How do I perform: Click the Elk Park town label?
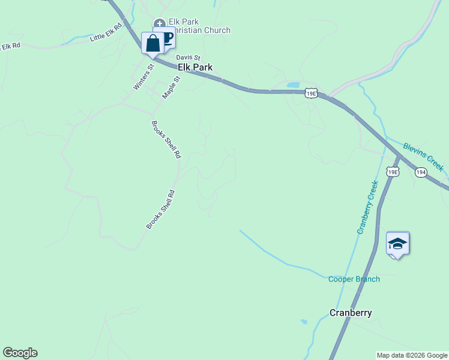(195, 68)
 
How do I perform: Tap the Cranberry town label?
(351, 313)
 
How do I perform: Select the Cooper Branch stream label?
(354, 279)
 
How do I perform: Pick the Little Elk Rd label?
(106, 34)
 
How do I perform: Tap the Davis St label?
(188, 58)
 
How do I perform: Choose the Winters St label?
(143, 77)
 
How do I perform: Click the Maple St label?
(171, 87)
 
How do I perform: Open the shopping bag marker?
(152, 43)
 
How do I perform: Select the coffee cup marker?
(167, 37)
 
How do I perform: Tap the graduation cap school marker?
(397, 243)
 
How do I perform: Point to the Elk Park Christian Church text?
(198, 26)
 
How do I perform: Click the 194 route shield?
(421, 172)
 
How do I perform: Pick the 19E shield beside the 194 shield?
(392, 172)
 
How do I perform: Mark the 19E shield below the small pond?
(310, 93)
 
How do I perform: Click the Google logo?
(20, 353)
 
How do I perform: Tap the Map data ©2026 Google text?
(412, 355)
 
